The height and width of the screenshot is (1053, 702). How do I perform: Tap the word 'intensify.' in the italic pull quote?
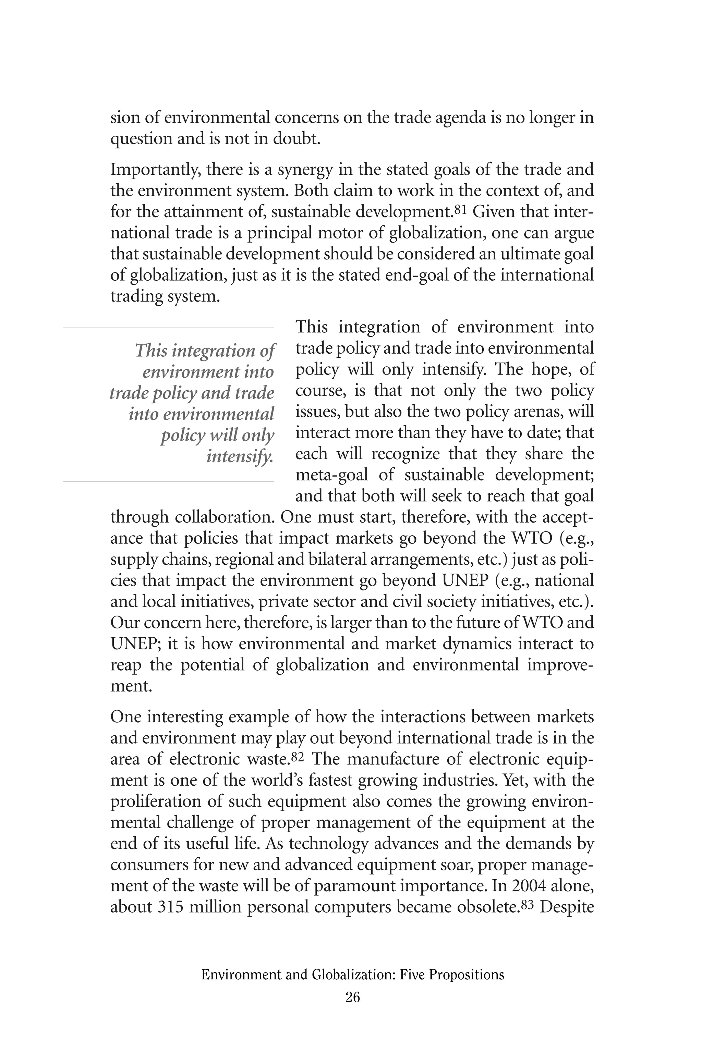[x=240, y=456]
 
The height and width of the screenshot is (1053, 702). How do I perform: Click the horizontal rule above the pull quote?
[x=168, y=328]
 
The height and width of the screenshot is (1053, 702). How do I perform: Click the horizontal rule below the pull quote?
[x=168, y=482]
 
